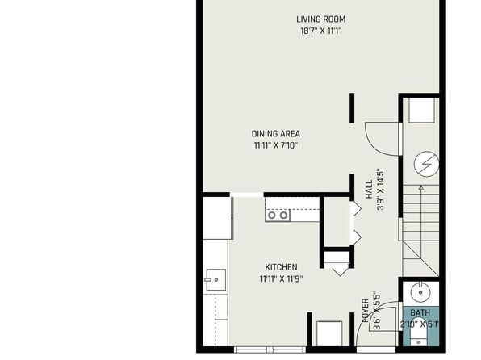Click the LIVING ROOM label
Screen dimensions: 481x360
pos(321,19)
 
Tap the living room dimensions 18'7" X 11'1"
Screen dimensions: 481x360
pos(321,31)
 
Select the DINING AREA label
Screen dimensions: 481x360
pos(276,134)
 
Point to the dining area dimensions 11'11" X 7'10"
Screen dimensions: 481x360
pos(276,145)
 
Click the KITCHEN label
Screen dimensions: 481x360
pos(281,267)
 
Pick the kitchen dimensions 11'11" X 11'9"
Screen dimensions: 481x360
pos(281,279)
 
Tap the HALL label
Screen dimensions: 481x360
pos(369,189)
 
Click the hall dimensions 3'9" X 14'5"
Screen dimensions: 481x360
pos(380,189)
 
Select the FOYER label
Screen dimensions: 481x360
pos(365,311)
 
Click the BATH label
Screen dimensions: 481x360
pos(420,312)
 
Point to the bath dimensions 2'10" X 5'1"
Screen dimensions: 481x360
pos(420,324)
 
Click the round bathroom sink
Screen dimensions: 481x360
pos(420,292)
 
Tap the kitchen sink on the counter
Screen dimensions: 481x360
pos(216,279)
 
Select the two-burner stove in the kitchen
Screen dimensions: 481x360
pos(278,216)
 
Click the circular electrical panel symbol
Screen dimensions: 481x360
pos(426,165)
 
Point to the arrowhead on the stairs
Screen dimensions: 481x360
pos(421,187)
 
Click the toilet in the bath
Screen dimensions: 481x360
pos(418,340)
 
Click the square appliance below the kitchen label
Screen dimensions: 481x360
pos(329,334)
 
